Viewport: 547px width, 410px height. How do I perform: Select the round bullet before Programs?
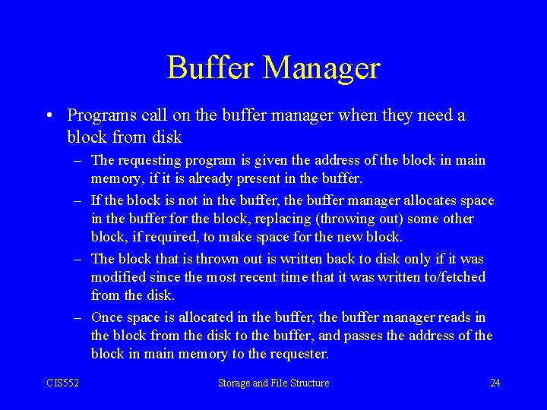[48, 115]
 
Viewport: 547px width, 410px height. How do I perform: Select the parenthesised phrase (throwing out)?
[356, 219]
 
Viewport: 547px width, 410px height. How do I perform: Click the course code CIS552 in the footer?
[62, 383]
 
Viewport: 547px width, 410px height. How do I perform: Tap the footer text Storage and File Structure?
[273, 383]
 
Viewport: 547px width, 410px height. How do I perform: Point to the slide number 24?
[495, 383]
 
